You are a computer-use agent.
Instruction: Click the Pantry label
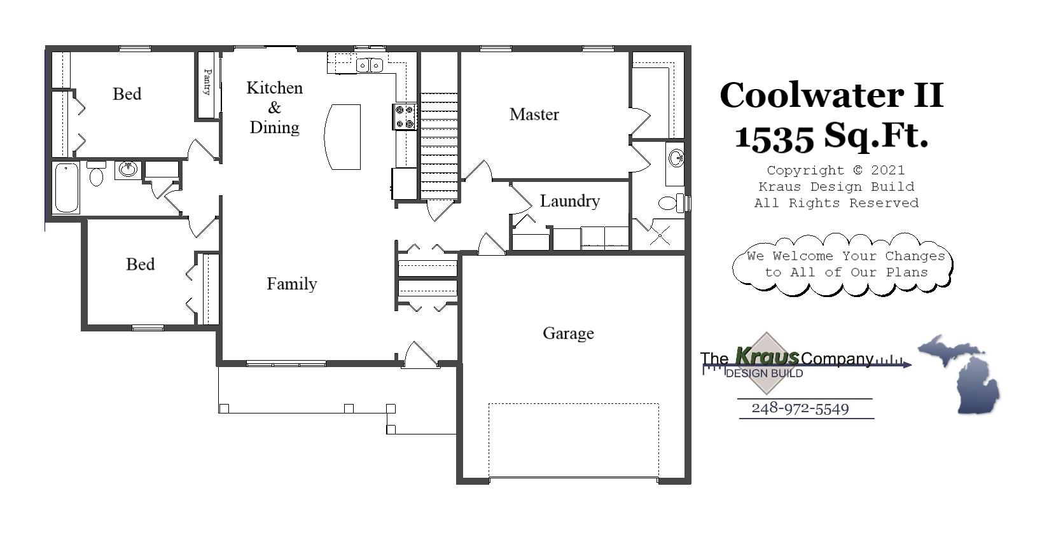207,82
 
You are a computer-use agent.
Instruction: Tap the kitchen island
343,137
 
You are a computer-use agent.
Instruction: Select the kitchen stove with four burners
405,116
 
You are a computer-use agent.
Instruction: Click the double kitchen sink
369,65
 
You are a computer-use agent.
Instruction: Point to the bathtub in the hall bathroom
66,188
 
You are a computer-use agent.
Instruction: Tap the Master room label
534,115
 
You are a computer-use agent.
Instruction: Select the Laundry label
569,201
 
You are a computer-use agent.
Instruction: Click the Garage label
568,333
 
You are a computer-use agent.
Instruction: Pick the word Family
291,284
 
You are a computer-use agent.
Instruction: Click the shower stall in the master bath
659,234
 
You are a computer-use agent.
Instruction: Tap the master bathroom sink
676,156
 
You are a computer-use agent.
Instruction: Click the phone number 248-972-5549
800,408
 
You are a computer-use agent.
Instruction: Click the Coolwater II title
831,95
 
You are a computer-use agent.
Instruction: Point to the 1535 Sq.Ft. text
831,135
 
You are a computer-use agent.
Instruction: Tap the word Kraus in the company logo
767,356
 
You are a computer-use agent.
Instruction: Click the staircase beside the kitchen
439,146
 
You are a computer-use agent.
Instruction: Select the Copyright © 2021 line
835,170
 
